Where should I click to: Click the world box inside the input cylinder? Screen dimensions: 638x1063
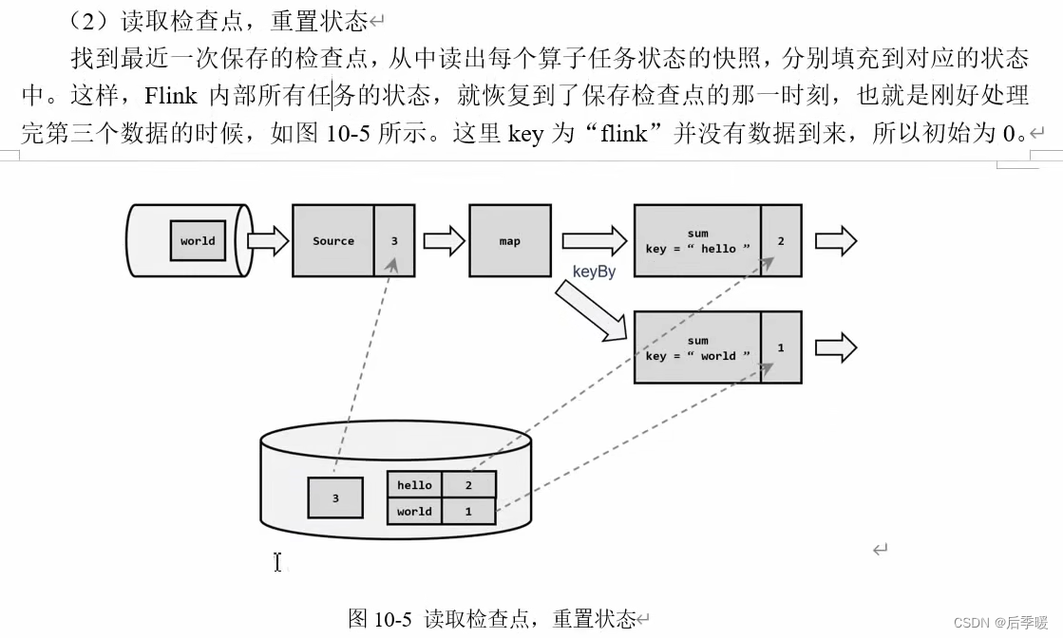[198, 240]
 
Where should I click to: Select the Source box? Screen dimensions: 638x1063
[333, 241]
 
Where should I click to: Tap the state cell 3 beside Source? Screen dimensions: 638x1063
[394, 241]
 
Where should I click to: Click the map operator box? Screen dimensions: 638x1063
[510, 241]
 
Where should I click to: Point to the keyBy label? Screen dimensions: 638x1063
[594, 272]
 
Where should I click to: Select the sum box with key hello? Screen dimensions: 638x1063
[697, 241]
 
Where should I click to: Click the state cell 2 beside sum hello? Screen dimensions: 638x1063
[781, 241]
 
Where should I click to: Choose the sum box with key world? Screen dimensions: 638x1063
[697, 347]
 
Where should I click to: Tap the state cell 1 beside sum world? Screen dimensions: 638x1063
[781, 347]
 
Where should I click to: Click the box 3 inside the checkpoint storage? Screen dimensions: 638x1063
[335, 497]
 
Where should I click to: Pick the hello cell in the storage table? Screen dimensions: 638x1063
[414, 485]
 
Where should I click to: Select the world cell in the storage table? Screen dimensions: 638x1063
[414, 511]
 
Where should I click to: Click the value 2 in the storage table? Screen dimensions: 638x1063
[468, 485]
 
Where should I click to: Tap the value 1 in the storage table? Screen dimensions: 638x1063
[468, 511]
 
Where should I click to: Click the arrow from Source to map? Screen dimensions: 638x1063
[444, 241]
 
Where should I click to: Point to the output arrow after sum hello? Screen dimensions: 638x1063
[836, 241]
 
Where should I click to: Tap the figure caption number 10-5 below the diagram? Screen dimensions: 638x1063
[393, 619]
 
